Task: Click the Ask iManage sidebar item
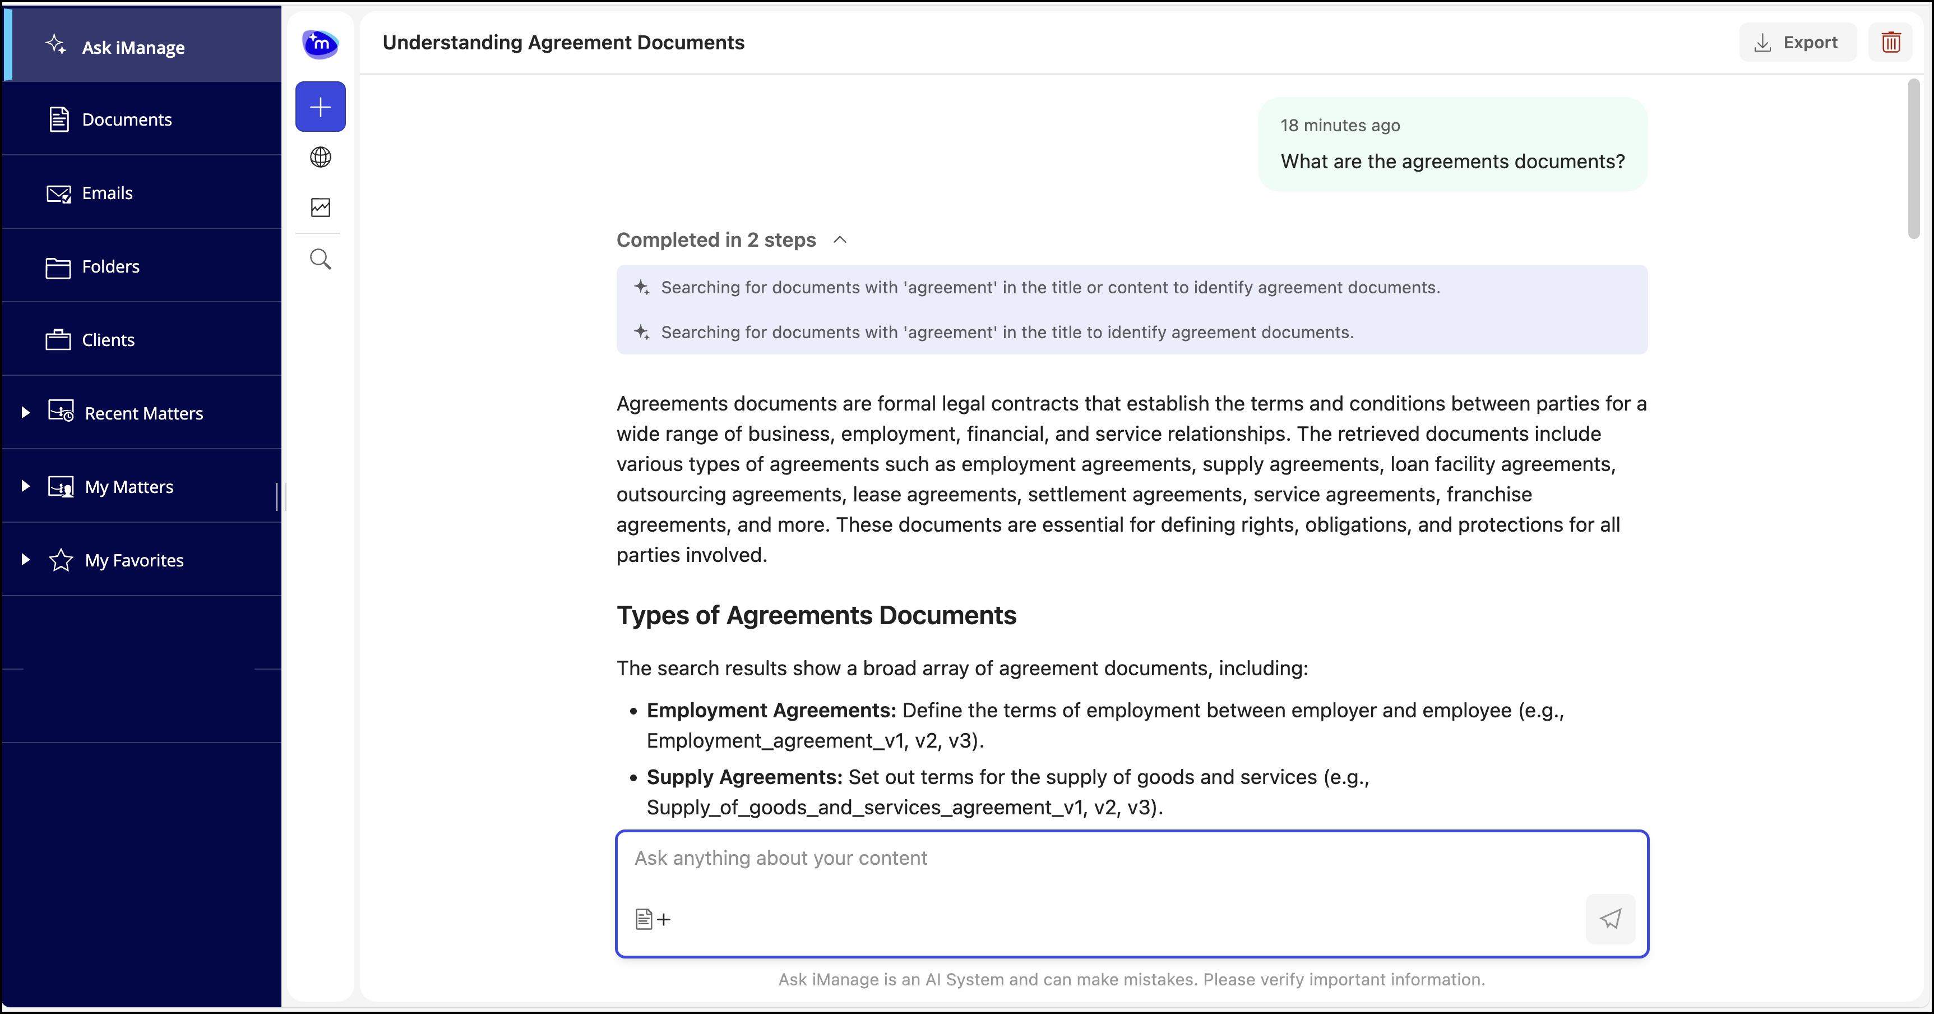coord(133,47)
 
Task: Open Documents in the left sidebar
coord(127,119)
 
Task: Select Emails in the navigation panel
coord(108,193)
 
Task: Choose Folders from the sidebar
coord(110,266)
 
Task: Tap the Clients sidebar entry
coord(108,340)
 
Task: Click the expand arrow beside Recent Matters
coord(26,412)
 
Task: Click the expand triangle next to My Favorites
coord(26,560)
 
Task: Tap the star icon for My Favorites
coord(61,560)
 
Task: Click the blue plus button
coord(321,107)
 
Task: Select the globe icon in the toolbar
coord(321,157)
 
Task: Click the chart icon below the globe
coord(321,208)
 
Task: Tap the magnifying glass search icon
coord(321,259)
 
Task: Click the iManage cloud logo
coord(321,44)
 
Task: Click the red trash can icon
coord(1890,43)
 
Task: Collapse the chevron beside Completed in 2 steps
coord(840,239)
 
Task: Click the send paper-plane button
coord(1609,919)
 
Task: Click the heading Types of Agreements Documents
coord(816,615)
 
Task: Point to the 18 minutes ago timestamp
coord(1340,126)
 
